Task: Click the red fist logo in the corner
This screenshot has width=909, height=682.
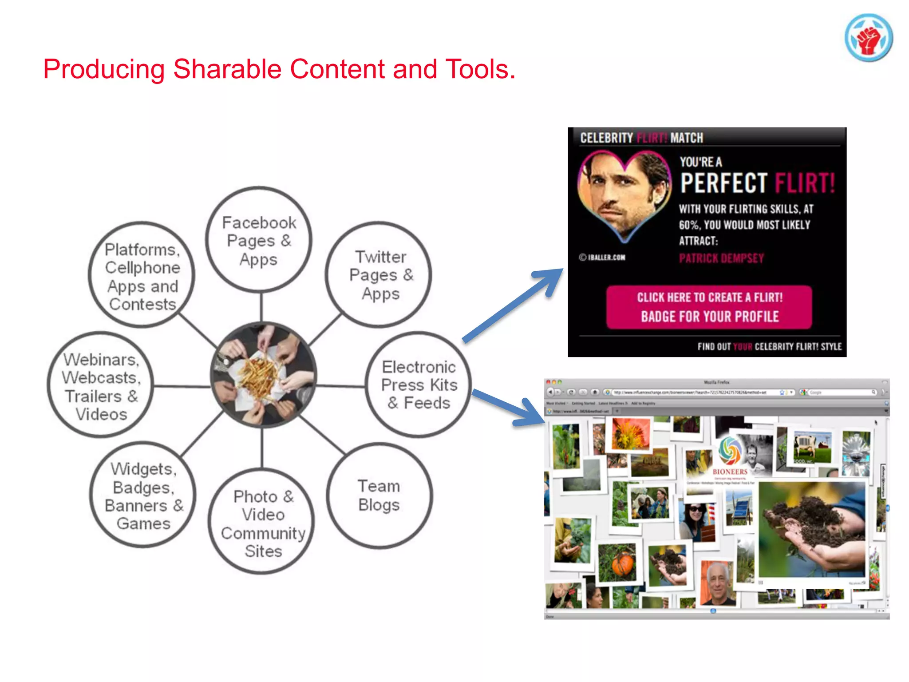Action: tap(869, 38)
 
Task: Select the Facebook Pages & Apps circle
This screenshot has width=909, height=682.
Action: tap(259, 240)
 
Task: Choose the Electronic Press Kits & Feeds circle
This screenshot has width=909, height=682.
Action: tap(419, 385)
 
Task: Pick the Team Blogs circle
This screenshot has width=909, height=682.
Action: tap(379, 496)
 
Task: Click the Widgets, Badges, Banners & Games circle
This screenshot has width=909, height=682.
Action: tap(143, 496)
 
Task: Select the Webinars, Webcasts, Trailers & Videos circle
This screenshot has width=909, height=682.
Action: tap(101, 385)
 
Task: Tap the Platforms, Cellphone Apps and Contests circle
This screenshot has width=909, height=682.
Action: tap(142, 276)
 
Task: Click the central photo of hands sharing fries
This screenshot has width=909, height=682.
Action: tap(263, 375)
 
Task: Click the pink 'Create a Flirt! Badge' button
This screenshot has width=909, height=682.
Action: tap(709, 307)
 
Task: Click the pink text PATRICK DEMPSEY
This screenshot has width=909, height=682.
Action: tap(721, 258)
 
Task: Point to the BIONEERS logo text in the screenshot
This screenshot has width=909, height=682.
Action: tap(730, 472)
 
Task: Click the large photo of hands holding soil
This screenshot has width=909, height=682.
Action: tap(812, 528)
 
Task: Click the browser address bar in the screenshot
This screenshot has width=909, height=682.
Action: tap(692, 393)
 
